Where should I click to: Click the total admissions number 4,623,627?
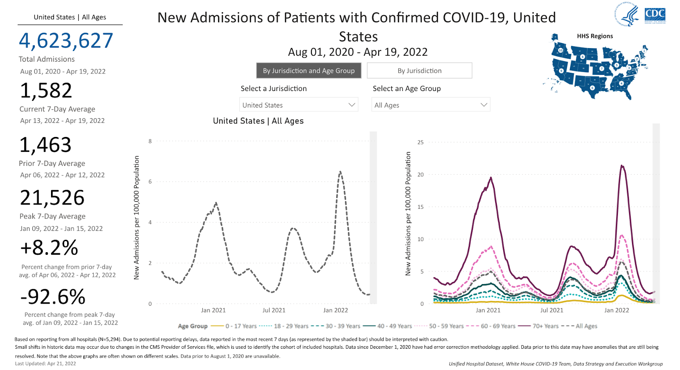pyautogui.click(x=66, y=41)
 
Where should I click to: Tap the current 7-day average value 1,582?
pyautogui.click(x=46, y=91)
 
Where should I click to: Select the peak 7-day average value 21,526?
pyautogui.click(x=52, y=198)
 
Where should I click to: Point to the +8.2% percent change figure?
pyautogui.click(x=49, y=248)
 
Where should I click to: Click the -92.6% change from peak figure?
pyautogui.click(x=53, y=297)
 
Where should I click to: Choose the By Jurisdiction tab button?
pyautogui.click(x=419, y=71)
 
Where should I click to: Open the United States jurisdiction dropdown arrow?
pyautogui.click(x=351, y=105)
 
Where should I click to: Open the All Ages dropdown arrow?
pyautogui.click(x=484, y=105)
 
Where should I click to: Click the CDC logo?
pyautogui.click(x=655, y=15)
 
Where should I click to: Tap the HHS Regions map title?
pyautogui.click(x=595, y=36)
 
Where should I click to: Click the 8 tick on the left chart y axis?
pyautogui.click(x=150, y=141)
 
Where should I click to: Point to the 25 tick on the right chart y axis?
pyautogui.click(x=420, y=142)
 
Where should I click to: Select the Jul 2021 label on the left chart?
pyautogui.click(x=274, y=310)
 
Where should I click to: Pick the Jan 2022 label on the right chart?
pyautogui.click(x=616, y=310)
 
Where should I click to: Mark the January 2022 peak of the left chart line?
pyautogui.click(x=340, y=172)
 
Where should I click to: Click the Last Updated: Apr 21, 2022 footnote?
pyautogui.click(x=45, y=364)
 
